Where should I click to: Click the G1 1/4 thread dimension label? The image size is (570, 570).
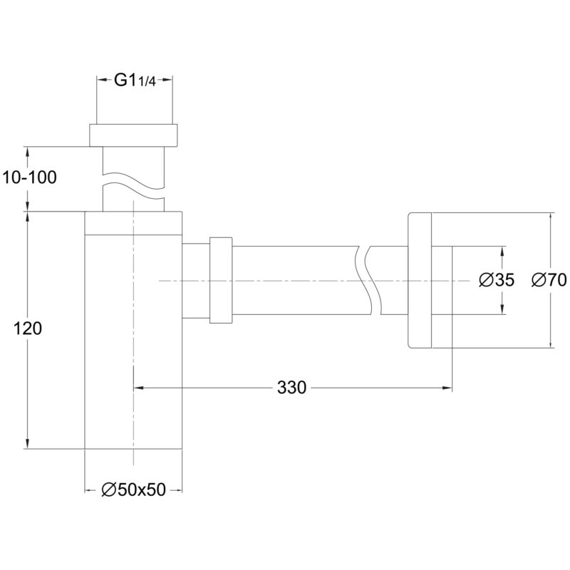tap(135, 81)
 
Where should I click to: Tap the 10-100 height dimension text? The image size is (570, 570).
tap(29, 177)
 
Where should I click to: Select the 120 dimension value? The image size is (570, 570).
tap(28, 328)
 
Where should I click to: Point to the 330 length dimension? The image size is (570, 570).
tap(291, 388)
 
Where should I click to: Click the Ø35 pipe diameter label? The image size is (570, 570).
tap(497, 280)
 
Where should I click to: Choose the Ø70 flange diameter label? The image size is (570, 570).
tap(549, 280)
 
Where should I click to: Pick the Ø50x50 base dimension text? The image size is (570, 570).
tap(133, 490)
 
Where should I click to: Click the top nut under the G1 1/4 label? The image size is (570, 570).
tap(133, 135)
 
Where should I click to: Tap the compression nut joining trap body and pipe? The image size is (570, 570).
tap(221, 280)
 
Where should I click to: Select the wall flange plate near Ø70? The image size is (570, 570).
tap(420, 280)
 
